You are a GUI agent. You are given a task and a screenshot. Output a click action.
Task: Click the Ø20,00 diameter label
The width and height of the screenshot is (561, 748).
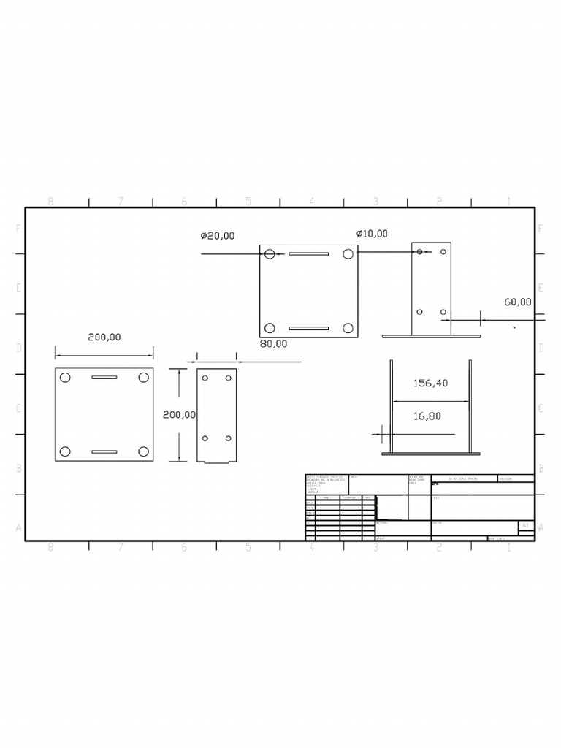(218, 236)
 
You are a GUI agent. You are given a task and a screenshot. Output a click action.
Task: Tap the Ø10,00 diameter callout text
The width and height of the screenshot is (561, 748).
(372, 234)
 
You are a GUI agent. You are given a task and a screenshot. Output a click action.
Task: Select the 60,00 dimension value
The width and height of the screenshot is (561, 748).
(517, 302)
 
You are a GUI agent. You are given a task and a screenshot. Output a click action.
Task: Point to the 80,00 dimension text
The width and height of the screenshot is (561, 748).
(274, 343)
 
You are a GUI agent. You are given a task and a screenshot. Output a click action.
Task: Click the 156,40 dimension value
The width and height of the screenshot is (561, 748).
(430, 383)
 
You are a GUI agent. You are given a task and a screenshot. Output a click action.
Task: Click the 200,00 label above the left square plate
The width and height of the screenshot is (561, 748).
(104, 337)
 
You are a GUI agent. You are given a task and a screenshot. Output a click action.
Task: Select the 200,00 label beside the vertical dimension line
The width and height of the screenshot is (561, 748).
(179, 414)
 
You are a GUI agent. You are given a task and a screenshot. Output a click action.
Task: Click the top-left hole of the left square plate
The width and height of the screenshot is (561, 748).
(65, 378)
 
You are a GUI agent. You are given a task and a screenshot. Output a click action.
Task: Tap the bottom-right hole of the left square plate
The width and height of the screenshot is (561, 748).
(144, 451)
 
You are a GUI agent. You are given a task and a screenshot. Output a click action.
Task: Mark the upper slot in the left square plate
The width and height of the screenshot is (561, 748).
(104, 378)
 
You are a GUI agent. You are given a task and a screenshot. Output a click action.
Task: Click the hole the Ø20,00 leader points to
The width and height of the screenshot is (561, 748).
(270, 253)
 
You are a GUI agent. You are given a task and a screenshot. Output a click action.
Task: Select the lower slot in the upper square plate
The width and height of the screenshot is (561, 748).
(308, 328)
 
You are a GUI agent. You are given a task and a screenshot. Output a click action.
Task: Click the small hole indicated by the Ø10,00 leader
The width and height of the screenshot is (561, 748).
(419, 251)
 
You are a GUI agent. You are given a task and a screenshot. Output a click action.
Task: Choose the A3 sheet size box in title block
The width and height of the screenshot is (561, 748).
(524, 525)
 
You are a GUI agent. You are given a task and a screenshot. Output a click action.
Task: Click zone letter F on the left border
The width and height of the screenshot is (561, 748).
(18, 228)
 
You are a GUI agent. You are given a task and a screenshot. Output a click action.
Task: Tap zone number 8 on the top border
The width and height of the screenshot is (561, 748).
(50, 202)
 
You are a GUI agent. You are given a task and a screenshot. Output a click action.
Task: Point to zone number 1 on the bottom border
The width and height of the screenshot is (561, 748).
(508, 546)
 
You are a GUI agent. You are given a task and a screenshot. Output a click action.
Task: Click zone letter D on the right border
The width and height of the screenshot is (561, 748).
(541, 348)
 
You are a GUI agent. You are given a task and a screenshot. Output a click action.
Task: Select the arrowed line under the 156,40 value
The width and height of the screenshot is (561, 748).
(431, 400)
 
